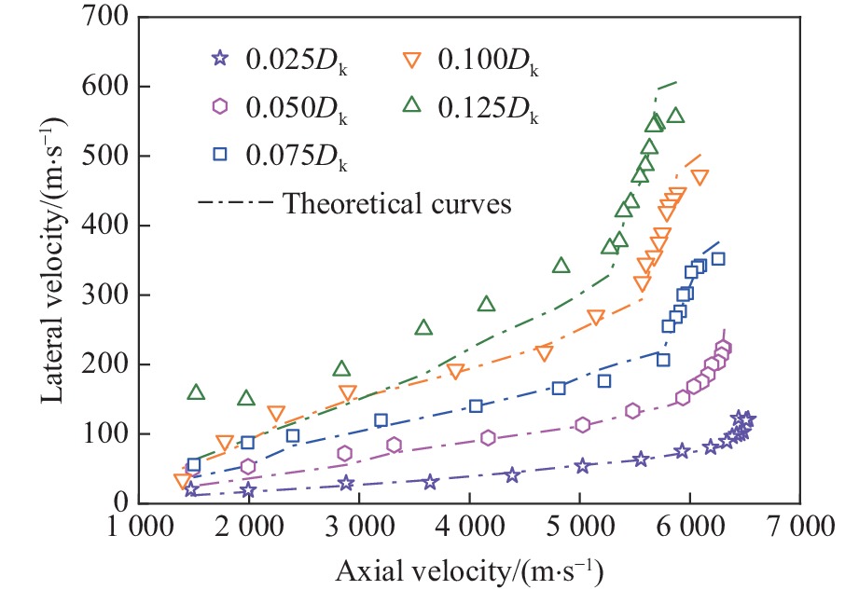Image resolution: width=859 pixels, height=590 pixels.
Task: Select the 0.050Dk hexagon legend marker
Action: pyautogui.click(x=221, y=105)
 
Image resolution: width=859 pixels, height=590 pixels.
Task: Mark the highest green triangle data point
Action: pyautogui.click(x=675, y=116)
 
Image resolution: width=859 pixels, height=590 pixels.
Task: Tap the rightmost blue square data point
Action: pyautogui.click(x=717, y=259)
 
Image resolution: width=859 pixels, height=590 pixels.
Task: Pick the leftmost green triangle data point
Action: pyautogui.click(x=196, y=392)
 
